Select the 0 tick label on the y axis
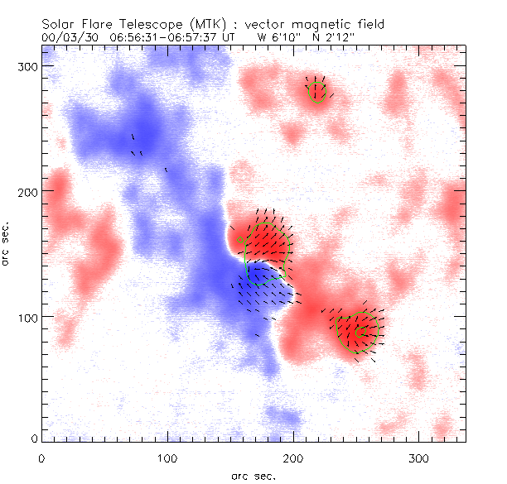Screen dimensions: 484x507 pyautogui.click(x=34, y=438)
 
